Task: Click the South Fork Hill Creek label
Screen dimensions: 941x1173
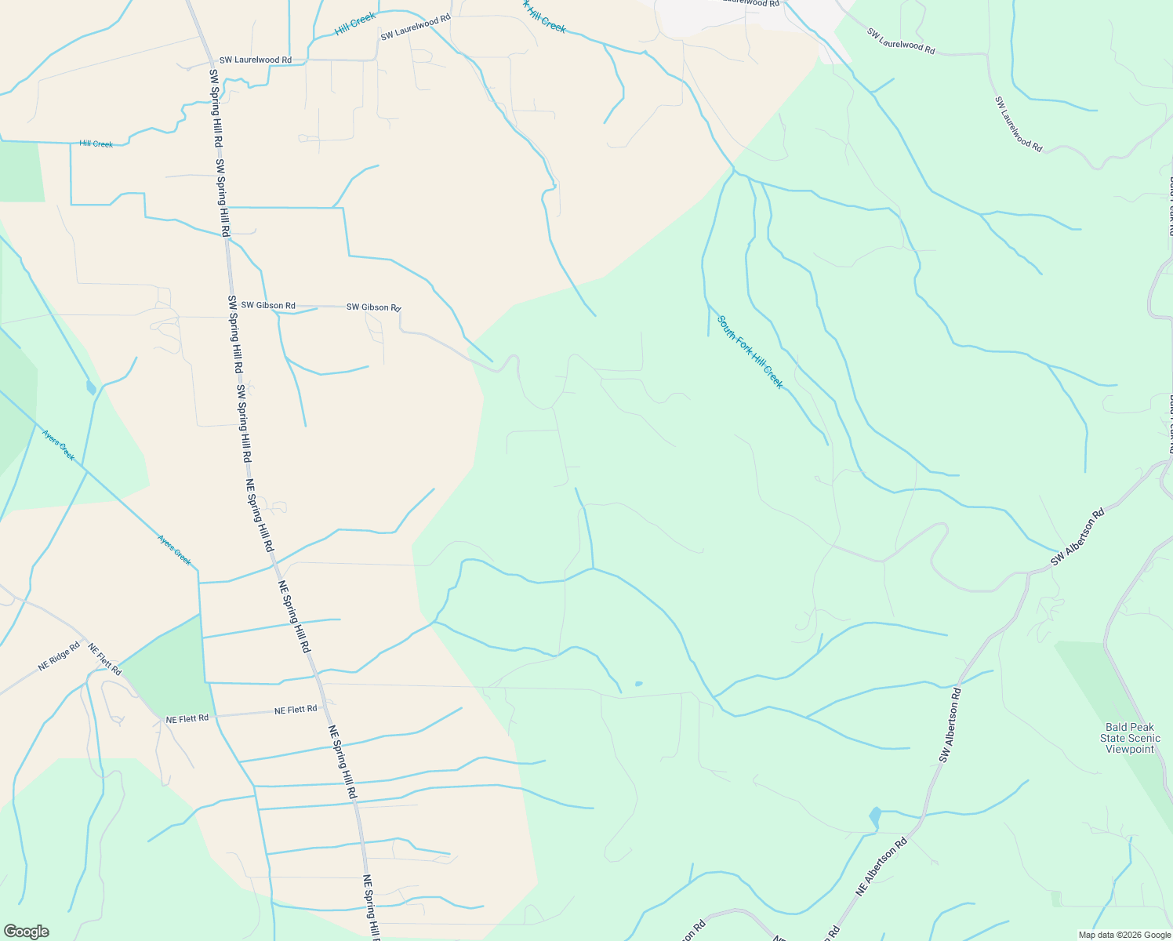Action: [x=750, y=351]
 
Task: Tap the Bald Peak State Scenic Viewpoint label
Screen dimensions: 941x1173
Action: [x=1130, y=739]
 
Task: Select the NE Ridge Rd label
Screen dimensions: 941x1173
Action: [x=59, y=657]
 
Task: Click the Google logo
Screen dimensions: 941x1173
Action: [x=25, y=931]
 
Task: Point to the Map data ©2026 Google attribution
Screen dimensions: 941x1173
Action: [x=1124, y=935]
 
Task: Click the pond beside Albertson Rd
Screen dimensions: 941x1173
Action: [x=874, y=819]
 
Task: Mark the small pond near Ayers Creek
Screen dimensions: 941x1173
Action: [x=91, y=387]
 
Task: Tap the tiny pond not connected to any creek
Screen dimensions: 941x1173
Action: [x=638, y=684]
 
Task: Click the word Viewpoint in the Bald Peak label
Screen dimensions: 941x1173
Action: [x=1130, y=750]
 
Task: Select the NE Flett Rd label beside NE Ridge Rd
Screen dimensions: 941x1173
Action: [x=104, y=659]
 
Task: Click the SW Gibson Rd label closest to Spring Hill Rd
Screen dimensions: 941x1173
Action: [x=268, y=305]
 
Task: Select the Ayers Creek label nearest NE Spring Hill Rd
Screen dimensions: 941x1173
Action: [x=174, y=550]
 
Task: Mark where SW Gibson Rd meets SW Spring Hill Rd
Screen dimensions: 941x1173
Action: [x=231, y=305]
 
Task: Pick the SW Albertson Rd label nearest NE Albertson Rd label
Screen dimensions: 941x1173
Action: [x=950, y=725]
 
